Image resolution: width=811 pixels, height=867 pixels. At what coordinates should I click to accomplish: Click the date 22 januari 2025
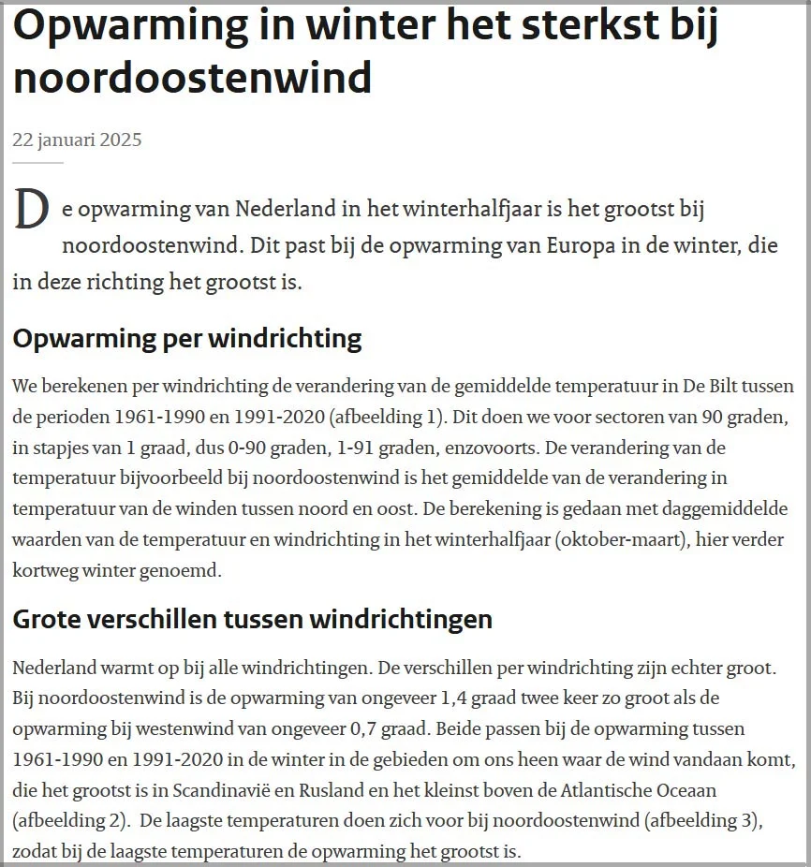coord(77,140)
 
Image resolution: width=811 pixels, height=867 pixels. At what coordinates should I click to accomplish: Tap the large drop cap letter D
coord(30,210)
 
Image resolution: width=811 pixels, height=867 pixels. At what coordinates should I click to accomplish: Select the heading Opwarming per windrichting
coord(187,338)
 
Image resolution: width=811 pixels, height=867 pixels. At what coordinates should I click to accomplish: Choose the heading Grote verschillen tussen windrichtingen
coord(252,619)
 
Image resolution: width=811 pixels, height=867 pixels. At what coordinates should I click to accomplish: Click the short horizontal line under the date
coord(37,162)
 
